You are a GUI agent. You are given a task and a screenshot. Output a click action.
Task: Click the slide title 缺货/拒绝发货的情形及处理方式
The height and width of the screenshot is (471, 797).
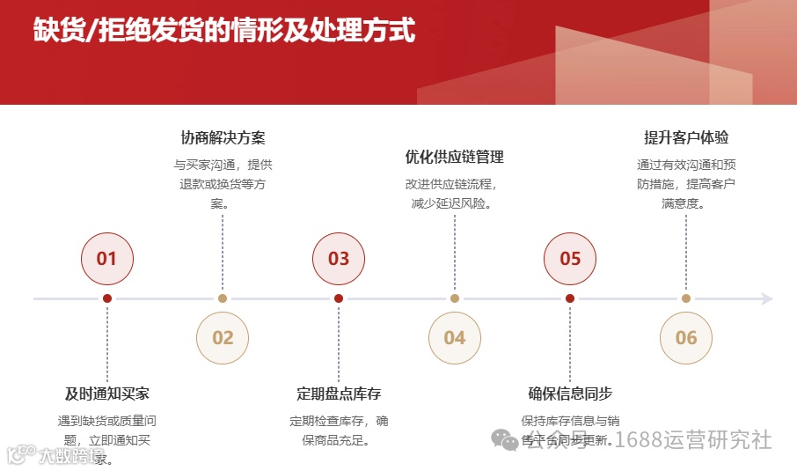point(224,31)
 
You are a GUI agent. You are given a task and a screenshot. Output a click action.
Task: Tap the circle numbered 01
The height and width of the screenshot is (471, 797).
point(106,259)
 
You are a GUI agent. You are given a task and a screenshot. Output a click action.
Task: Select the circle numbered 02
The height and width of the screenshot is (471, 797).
point(223,338)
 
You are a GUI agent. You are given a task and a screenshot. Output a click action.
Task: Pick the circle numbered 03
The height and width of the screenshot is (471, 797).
point(339,259)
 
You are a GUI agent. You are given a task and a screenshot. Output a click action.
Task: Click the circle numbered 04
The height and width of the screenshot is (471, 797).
point(455,338)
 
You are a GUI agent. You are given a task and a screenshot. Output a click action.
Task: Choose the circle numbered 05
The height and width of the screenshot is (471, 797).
point(570,259)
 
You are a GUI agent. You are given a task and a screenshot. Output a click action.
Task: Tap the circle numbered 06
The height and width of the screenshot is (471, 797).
point(686,338)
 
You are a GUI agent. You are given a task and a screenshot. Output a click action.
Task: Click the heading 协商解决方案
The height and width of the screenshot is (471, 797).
point(223,138)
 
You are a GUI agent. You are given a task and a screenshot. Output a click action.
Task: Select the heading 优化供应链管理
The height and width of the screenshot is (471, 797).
point(455,158)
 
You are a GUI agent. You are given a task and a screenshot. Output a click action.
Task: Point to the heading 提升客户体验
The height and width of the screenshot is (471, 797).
point(686,138)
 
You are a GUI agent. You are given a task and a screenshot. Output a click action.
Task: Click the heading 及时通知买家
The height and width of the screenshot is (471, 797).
point(107,394)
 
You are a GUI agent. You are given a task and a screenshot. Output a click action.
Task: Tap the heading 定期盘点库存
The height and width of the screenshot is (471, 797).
point(339,394)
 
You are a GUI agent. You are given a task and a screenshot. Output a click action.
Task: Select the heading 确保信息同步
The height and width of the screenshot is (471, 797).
point(570,394)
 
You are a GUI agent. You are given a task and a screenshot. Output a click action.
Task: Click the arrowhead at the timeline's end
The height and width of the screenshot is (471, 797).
point(767,298)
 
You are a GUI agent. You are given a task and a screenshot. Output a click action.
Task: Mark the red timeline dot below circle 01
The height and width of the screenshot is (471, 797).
point(107,298)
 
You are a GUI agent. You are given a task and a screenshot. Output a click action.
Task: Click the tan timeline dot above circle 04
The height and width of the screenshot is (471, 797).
point(455,298)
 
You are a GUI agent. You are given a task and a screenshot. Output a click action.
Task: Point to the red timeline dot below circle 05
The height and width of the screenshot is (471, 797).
point(570,298)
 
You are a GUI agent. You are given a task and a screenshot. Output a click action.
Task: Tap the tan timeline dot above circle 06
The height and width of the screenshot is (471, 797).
point(686,298)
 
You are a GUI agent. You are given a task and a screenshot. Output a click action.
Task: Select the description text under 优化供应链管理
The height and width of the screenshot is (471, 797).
point(455,195)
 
